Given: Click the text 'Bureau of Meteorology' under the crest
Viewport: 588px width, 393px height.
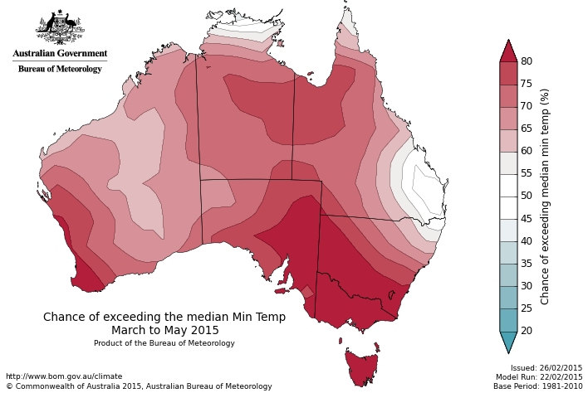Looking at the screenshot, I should pos(60,69).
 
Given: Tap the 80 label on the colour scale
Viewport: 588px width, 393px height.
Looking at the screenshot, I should pos(527,61).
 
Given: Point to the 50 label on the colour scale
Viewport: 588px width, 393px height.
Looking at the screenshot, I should pos(527,196).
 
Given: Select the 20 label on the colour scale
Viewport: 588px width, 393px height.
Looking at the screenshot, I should pos(527,331).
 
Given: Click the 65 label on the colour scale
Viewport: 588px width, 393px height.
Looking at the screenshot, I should pos(527,129).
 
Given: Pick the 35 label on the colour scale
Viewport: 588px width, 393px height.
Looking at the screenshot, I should pos(527,264).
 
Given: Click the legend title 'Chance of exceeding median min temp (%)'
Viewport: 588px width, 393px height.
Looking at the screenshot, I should pos(546,196).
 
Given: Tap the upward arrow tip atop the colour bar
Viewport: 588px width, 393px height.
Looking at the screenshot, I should pos(508,49).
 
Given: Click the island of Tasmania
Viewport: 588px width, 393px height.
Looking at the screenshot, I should pos(362,367).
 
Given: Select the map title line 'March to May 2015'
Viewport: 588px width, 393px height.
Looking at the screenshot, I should pos(165,330).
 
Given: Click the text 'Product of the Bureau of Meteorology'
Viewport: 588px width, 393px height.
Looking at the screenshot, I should pos(164,343).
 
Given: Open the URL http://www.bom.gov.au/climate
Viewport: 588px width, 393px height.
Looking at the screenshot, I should pos(64,376).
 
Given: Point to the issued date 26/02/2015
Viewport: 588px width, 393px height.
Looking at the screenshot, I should pos(557,368).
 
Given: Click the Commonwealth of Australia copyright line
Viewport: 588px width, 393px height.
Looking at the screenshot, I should pos(139,386).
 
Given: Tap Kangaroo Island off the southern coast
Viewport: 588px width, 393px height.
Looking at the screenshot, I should pos(282,290).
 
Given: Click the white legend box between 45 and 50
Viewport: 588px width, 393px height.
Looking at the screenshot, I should pos(508,207).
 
